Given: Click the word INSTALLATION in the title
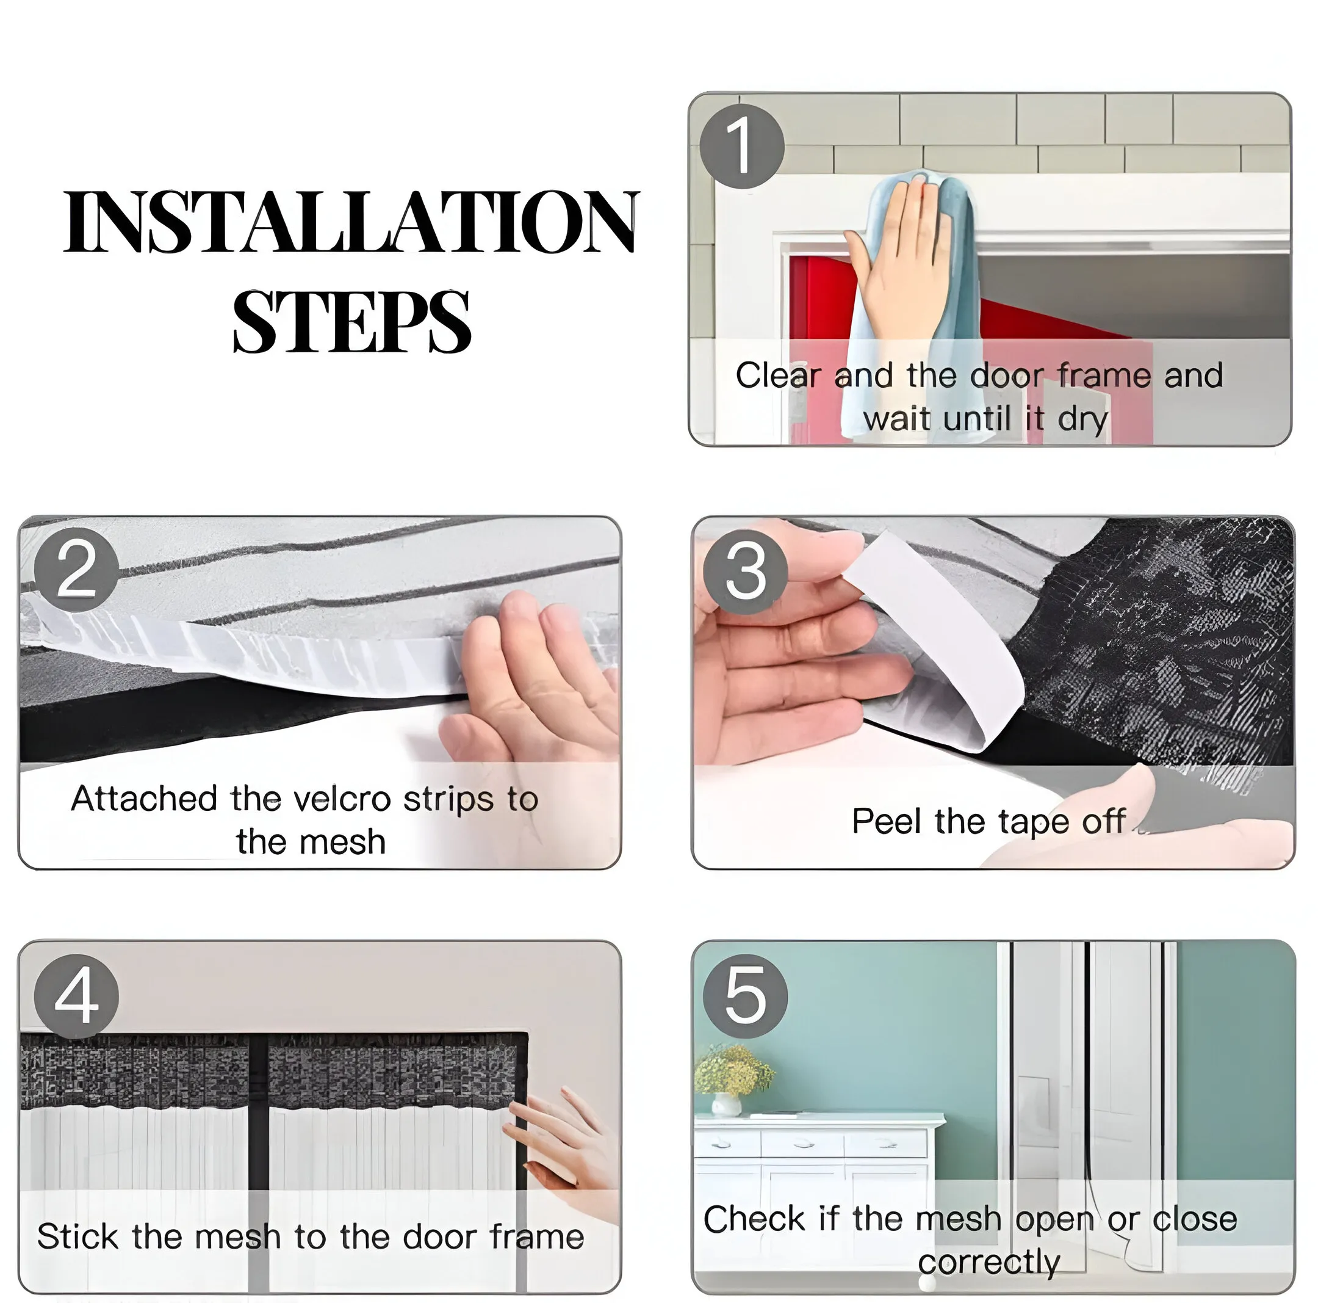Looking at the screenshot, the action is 351,222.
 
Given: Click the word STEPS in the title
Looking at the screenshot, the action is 351,321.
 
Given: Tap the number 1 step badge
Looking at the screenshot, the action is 741,146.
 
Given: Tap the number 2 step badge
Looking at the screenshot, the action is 76,570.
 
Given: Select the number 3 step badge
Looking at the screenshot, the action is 745,572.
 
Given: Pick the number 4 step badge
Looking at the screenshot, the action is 76,996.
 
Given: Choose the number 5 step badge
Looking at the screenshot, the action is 745,996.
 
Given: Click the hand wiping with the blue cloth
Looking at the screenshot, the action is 899,256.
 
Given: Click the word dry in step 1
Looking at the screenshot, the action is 1082,419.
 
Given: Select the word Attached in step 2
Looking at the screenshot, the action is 145,799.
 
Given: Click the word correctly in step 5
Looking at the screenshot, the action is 989,1263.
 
